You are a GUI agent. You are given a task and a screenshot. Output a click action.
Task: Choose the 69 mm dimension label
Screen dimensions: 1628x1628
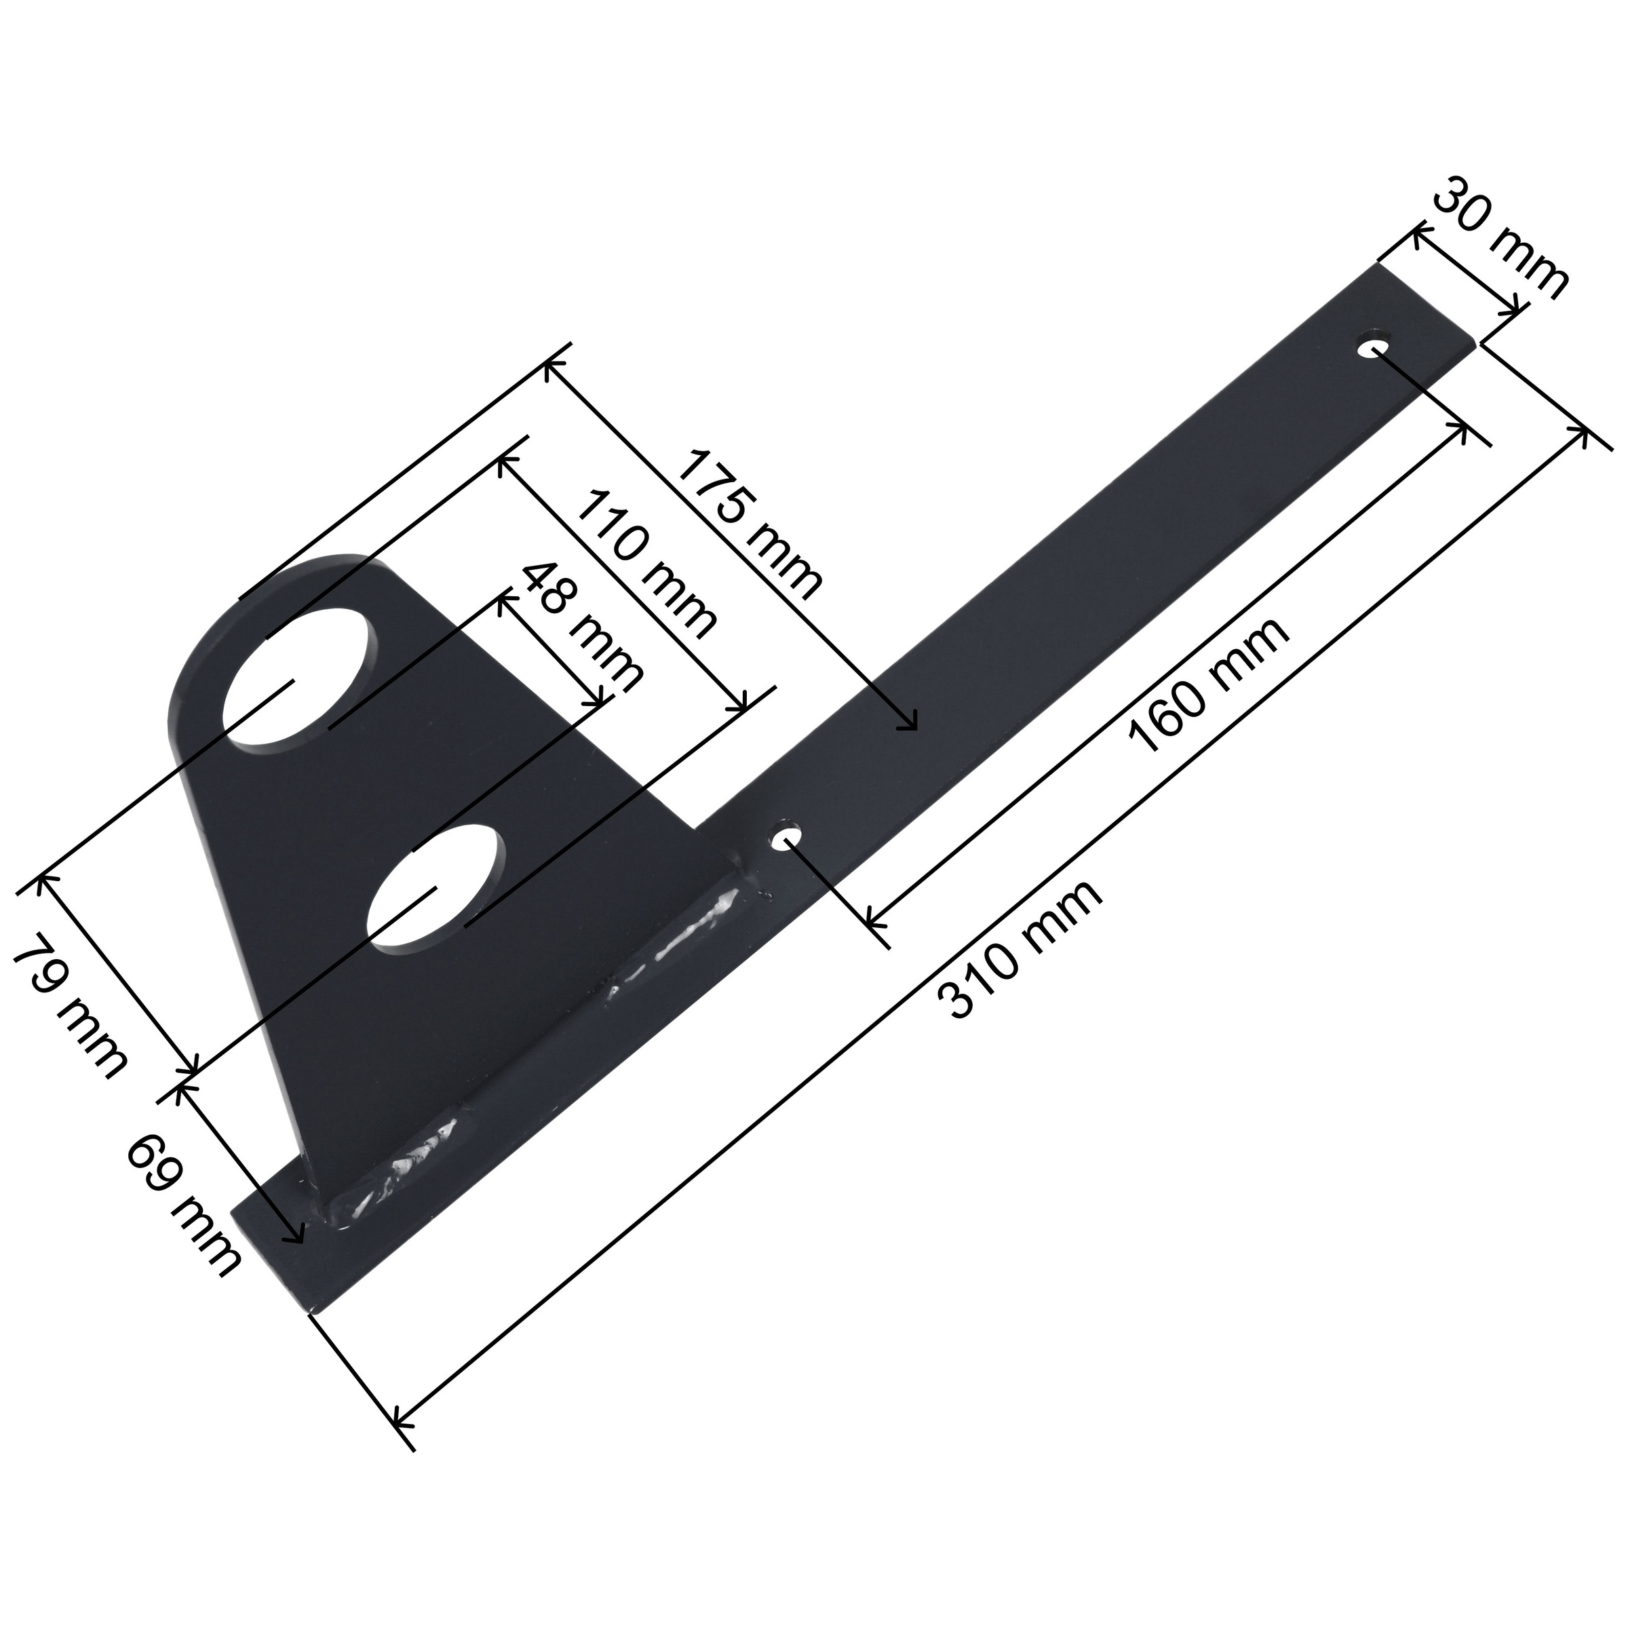click(185, 1204)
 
